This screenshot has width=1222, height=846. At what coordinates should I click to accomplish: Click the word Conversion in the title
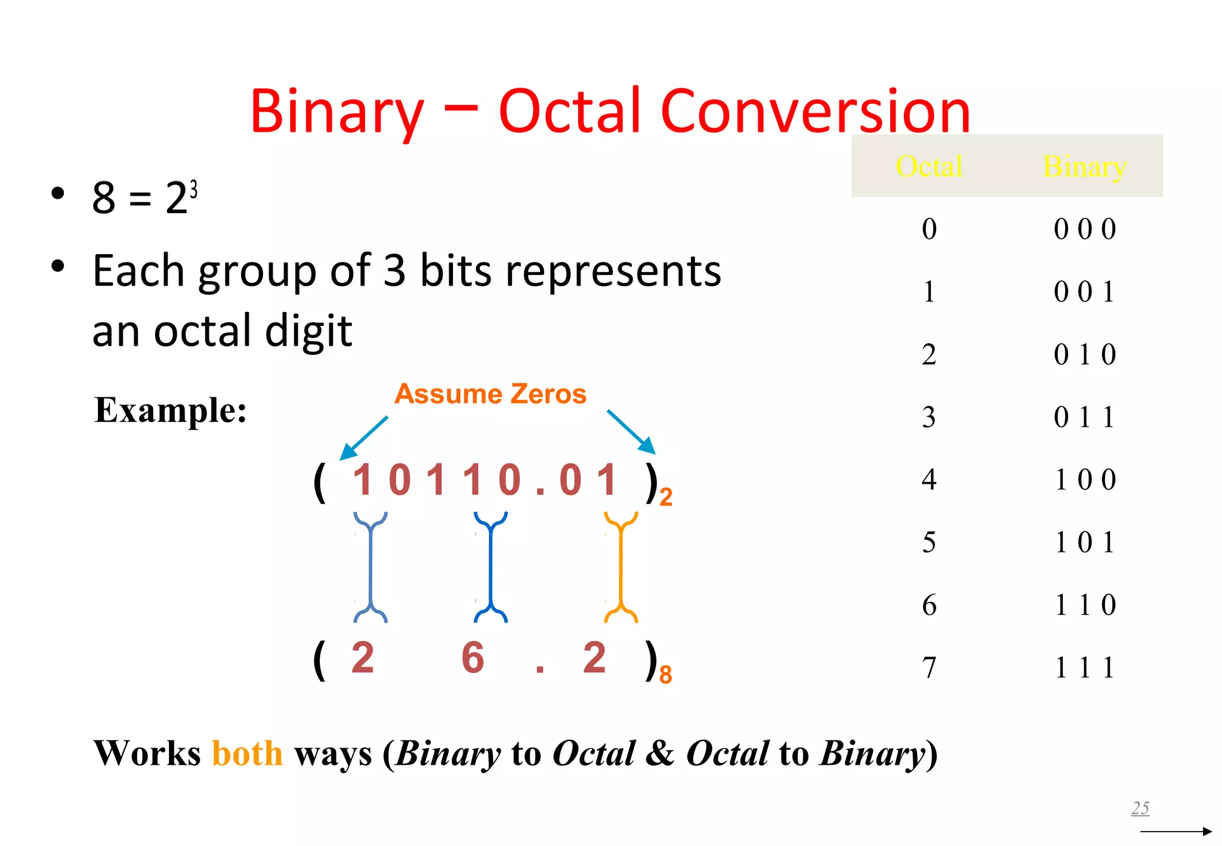pos(815,112)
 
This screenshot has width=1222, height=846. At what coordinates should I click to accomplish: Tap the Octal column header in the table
pos(928,166)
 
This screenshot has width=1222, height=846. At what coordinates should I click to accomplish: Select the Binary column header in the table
pos(1084,166)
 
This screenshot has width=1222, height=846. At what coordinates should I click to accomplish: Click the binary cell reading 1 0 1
pos(1084,542)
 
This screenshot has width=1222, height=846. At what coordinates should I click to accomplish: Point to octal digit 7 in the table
pos(928,668)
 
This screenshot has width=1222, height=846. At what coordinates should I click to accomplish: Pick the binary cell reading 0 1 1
pos(1084,417)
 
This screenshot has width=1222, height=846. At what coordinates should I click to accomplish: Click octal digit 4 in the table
pos(928,480)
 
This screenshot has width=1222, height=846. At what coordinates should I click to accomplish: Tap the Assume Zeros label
pos(490,394)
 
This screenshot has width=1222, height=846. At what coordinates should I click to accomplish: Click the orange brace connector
pos(621,567)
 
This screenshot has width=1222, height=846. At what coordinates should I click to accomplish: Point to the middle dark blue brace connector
pos(490,567)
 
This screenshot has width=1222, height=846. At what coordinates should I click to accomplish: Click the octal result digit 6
pos(473,658)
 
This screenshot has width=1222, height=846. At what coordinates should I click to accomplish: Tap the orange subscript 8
pos(665,675)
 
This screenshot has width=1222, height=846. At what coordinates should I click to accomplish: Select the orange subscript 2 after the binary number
pos(665,497)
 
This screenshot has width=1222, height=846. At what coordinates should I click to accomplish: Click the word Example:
pos(171,410)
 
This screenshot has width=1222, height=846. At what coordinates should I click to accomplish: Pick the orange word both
pos(247,753)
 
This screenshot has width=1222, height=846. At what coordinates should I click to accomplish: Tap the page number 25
pos(1140,808)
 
